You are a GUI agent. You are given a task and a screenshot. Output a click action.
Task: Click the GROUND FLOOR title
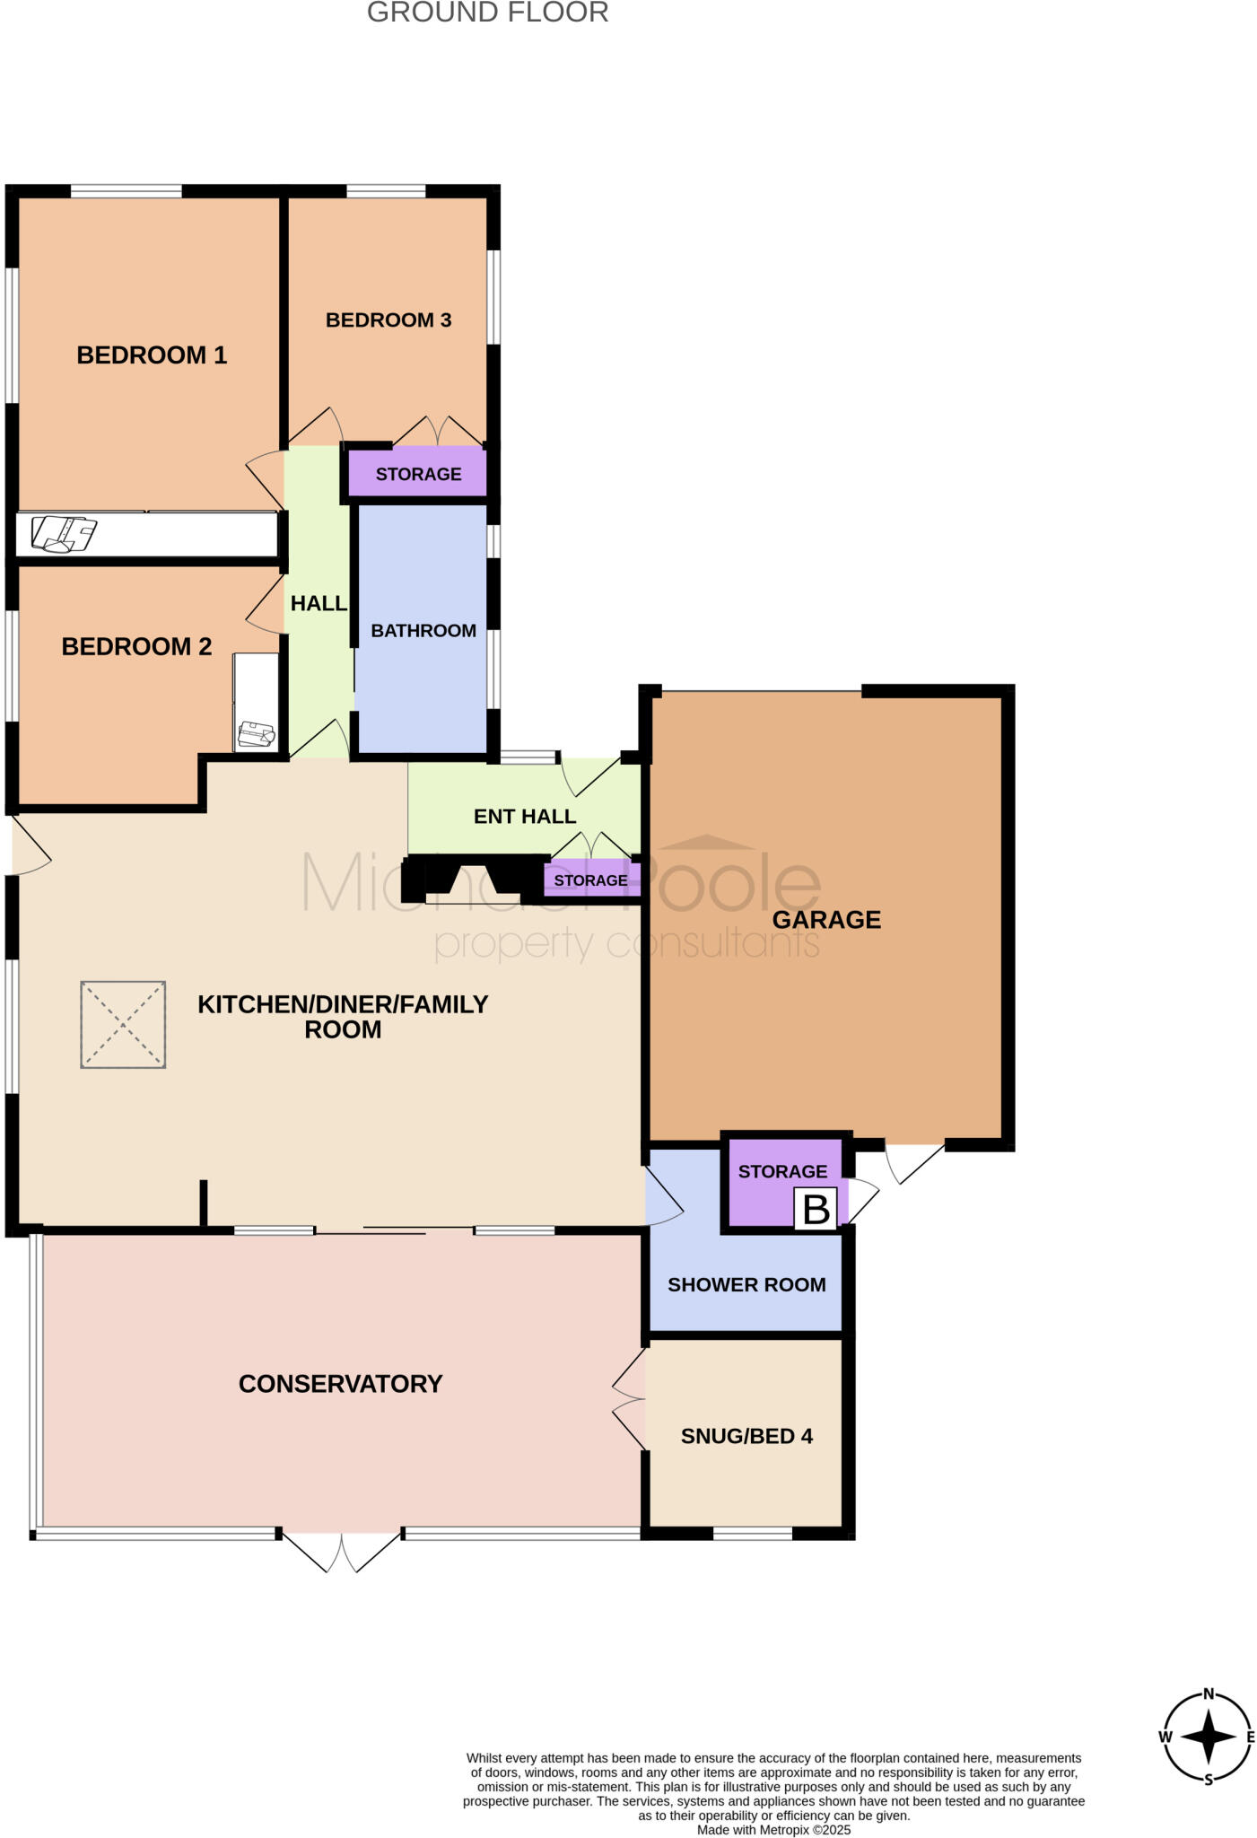coord(487,13)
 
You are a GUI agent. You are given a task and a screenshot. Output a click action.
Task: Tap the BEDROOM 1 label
coord(152,355)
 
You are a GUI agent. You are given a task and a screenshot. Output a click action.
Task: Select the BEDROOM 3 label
coord(388,320)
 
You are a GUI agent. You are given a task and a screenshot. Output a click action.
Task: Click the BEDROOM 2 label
coord(136,647)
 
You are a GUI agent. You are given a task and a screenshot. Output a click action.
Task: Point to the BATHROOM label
coord(423,631)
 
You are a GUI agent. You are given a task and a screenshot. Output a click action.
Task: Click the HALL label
coord(319,604)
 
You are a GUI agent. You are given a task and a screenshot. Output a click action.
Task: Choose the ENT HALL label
coord(525,817)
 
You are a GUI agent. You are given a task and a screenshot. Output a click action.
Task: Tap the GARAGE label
coord(826,920)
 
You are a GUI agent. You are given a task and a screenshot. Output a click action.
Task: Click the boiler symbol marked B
coord(816,1209)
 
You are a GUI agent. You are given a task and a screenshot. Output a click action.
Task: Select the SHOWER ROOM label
coord(746,1285)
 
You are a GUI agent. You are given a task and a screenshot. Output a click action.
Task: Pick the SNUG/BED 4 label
coord(746,1437)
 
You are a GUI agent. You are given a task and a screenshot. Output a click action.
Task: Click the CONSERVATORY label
coord(340,1384)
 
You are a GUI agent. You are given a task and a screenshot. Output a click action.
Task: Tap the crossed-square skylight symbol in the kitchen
coord(123,1024)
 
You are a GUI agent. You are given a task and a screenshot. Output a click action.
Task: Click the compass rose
coord(1208,1737)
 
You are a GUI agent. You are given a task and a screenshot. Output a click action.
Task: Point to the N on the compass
coord(1209,1694)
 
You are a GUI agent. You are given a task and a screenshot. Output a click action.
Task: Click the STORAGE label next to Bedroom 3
coord(418,475)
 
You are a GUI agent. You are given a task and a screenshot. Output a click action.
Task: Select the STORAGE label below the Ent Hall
coord(590,881)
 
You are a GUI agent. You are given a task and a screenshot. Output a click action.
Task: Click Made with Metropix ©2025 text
coord(773,1830)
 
